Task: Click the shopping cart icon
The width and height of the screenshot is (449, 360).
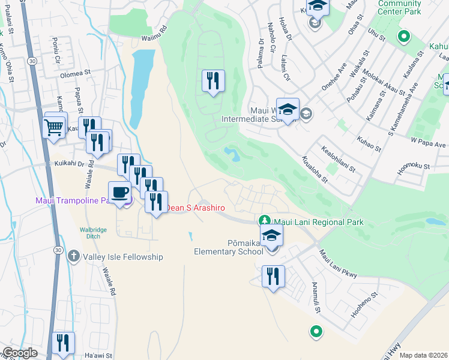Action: click(x=54, y=125)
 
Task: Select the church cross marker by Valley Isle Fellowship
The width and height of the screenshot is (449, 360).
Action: click(x=74, y=256)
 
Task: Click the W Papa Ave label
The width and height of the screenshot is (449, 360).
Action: click(x=428, y=145)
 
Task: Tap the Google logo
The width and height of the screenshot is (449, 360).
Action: click(x=20, y=353)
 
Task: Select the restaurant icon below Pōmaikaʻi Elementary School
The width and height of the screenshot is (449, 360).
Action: click(x=273, y=277)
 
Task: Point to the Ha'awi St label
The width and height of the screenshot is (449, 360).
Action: click(x=98, y=356)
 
